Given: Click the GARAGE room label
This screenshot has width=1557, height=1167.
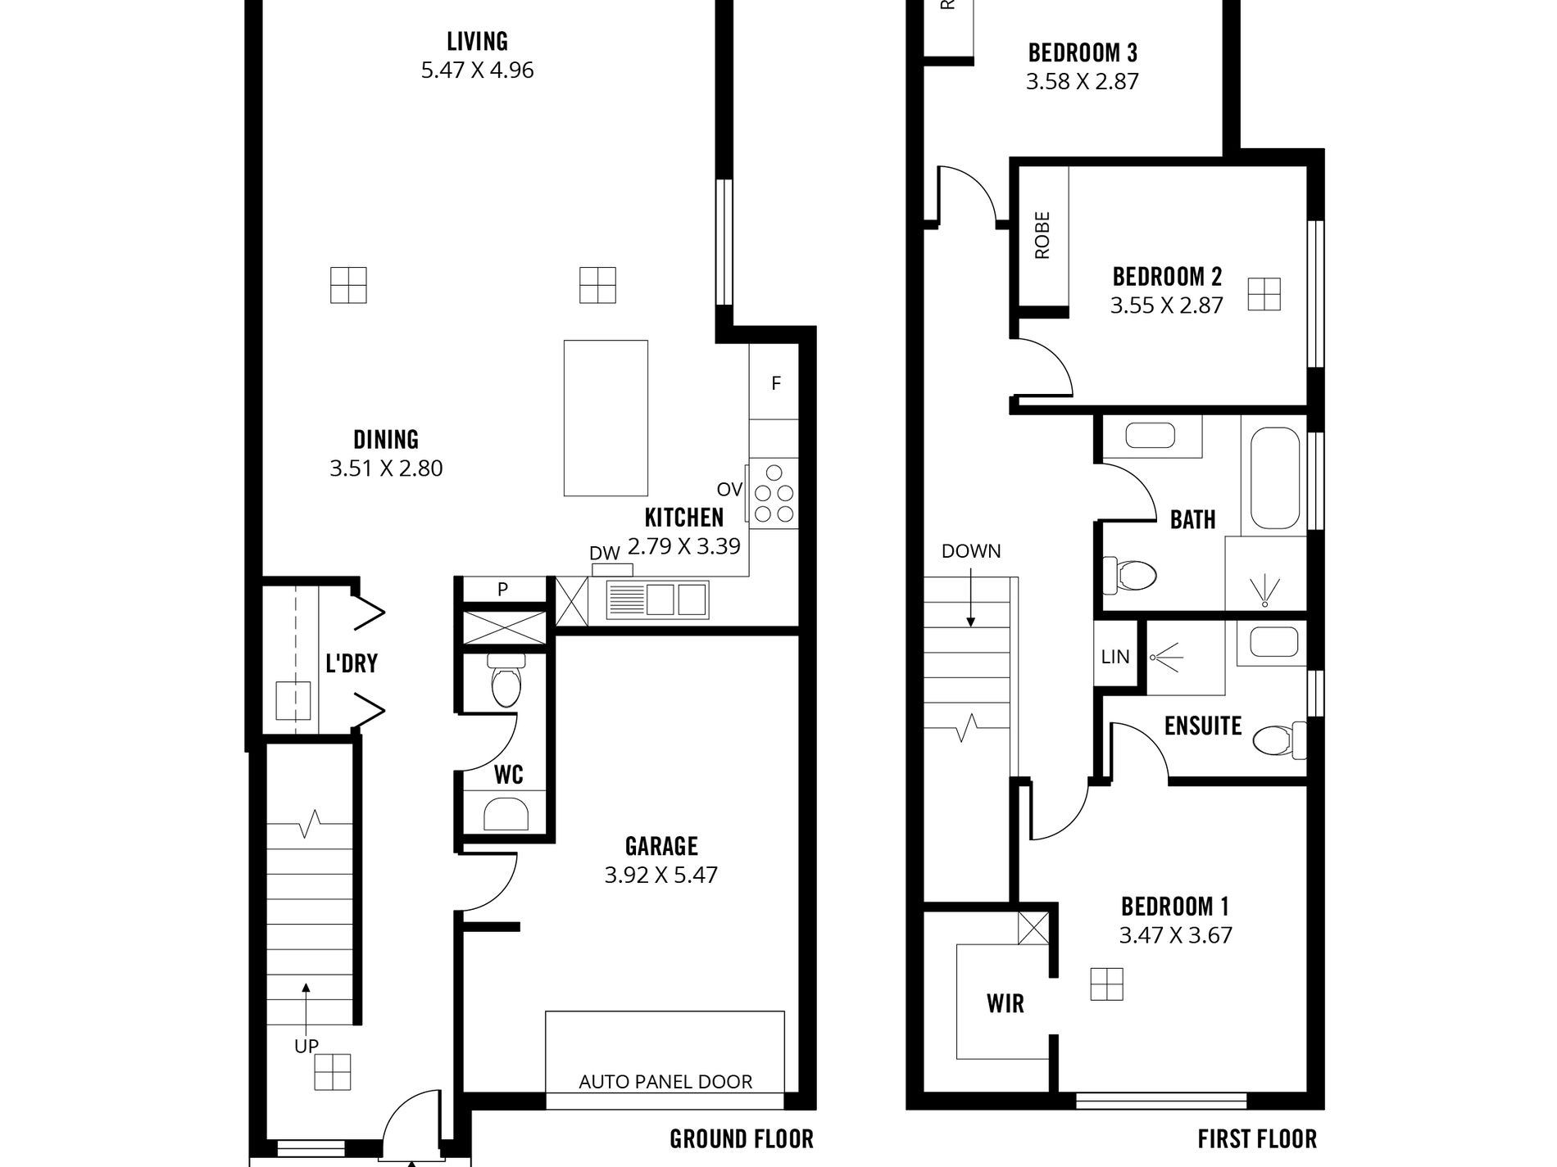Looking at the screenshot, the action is tap(661, 846).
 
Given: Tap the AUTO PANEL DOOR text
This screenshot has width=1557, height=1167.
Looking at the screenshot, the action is tap(665, 1082).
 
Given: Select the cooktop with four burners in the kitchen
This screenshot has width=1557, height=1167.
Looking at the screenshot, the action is tap(774, 493).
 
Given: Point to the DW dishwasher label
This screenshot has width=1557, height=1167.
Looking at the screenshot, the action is tap(604, 554).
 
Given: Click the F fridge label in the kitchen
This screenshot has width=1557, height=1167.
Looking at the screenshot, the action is tap(776, 382).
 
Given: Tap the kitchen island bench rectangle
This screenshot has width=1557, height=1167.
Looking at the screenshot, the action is tap(606, 418).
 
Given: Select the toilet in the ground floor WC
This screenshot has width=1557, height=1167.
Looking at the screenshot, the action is tap(505, 680).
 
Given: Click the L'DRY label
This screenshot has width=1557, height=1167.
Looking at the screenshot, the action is tap(352, 663).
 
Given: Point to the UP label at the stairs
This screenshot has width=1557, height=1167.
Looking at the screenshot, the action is tap(306, 1046).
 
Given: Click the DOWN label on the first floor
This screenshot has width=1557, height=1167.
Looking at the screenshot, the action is tap(971, 551).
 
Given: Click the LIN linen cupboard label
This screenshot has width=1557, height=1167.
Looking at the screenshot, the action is tap(1115, 656).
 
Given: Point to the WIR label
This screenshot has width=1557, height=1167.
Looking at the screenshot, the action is tap(1005, 1003).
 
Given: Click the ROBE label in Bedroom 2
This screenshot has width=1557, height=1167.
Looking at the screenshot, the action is tap(1042, 236).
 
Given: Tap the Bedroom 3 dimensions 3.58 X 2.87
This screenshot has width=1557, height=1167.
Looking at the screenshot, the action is tap(1083, 81).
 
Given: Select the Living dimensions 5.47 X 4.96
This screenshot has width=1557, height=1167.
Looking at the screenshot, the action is tap(478, 70).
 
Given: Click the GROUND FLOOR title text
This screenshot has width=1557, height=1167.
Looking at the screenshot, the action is tap(742, 1139).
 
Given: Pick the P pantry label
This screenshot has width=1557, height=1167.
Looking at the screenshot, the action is tap(502, 589).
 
